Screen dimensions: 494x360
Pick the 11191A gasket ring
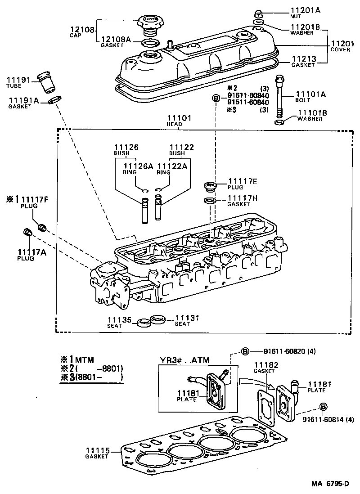point(54,100)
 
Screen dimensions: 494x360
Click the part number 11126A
point(136,166)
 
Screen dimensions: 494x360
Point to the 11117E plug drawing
point(209,186)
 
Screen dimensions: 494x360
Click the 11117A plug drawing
point(27,233)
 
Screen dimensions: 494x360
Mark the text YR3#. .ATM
point(184,360)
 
